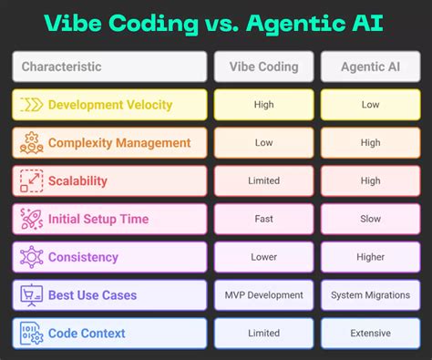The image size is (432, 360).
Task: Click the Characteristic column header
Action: (x=109, y=67)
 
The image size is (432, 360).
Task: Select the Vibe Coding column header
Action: (x=263, y=67)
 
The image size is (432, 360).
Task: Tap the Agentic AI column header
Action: (x=371, y=67)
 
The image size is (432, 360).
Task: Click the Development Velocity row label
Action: (x=109, y=105)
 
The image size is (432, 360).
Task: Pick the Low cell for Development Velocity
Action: (x=371, y=105)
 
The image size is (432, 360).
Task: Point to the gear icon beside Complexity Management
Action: (x=31, y=142)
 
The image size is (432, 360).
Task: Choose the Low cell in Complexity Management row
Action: (x=263, y=142)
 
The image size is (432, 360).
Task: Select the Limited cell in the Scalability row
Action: (x=263, y=180)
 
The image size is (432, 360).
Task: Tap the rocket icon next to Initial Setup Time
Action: (x=32, y=219)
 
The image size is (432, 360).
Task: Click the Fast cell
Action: (x=263, y=219)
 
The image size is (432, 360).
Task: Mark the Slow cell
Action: (x=371, y=219)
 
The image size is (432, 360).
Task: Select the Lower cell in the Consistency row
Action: (x=263, y=257)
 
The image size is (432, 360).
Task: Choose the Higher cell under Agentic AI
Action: (x=371, y=257)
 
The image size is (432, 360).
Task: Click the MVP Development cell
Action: (x=263, y=295)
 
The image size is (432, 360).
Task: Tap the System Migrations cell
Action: (x=371, y=295)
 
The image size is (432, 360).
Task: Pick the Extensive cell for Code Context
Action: (x=371, y=334)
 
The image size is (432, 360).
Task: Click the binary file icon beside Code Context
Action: (x=31, y=334)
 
